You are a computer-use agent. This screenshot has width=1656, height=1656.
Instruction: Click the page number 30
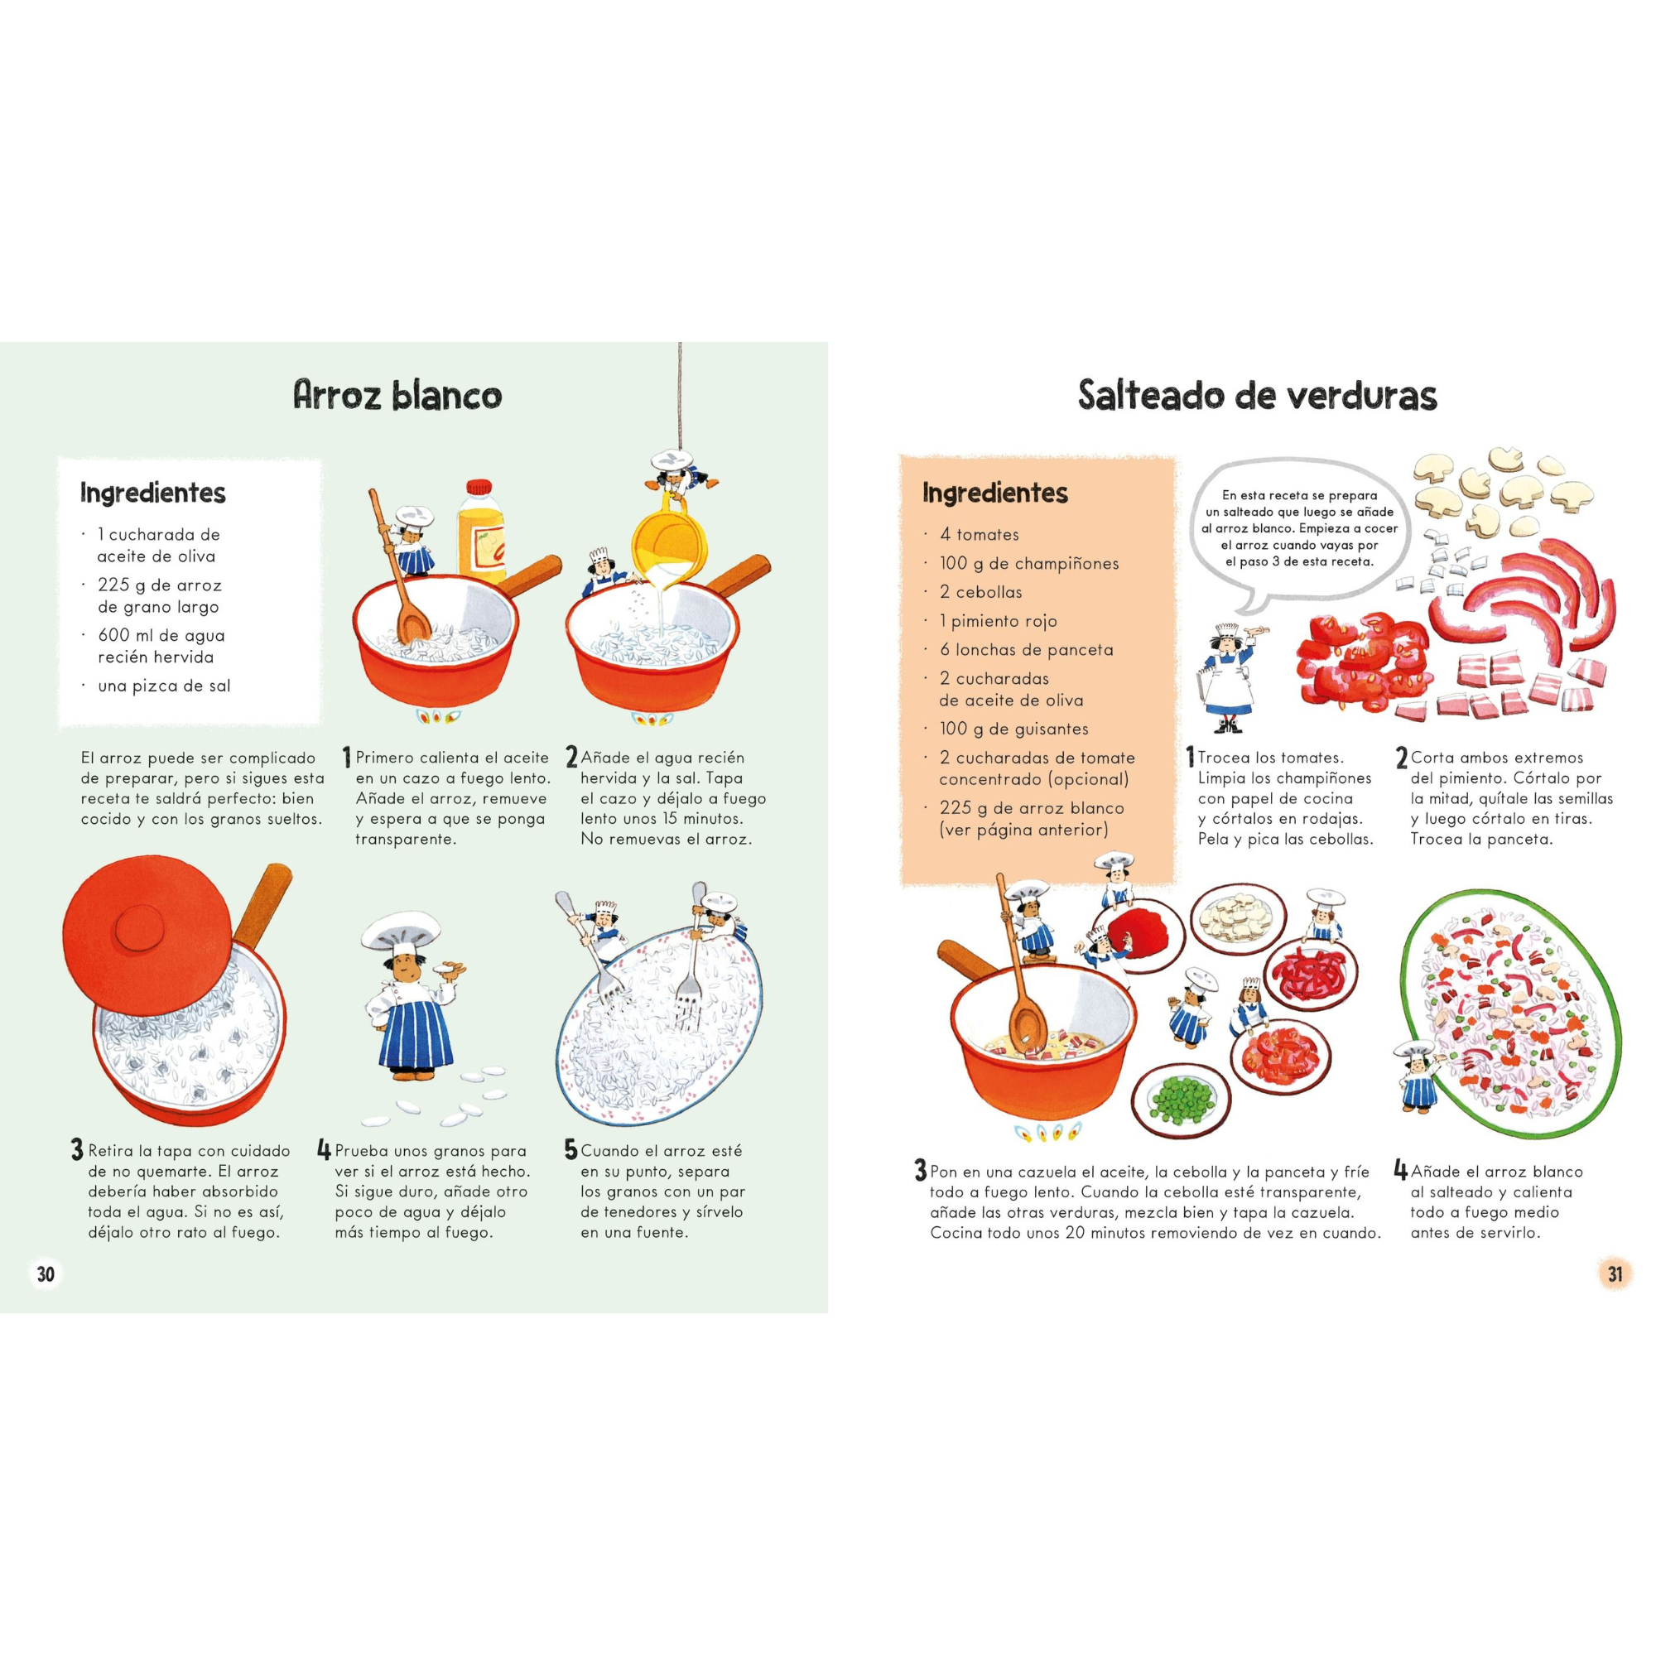coord(46,1273)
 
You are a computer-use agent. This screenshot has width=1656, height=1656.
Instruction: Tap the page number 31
coord(1615,1273)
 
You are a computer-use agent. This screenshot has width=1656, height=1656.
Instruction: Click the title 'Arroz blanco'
coord(397,395)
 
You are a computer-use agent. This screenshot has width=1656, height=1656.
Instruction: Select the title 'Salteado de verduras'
coord(1257,395)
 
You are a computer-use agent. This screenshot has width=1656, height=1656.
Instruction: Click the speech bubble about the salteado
coord(1298,529)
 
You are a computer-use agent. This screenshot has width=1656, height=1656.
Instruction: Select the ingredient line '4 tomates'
coord(979,535)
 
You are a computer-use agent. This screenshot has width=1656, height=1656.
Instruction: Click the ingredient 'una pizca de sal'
coord(163,686)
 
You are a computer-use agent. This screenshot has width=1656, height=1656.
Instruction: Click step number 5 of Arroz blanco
coord(570,1149)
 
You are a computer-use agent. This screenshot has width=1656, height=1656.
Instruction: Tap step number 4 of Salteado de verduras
coord(1401,1170)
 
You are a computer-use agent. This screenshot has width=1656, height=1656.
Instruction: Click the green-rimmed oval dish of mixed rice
coord(1510,1016)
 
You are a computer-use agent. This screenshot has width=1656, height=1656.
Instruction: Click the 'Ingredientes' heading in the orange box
coord(994,493)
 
